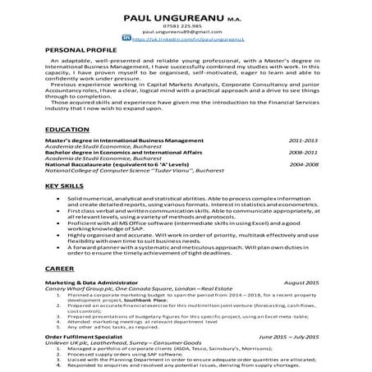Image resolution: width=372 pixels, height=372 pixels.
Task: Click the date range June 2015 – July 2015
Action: click(x=292, y=336)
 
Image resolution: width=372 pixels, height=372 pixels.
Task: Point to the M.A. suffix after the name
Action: click(x=233, y=18)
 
